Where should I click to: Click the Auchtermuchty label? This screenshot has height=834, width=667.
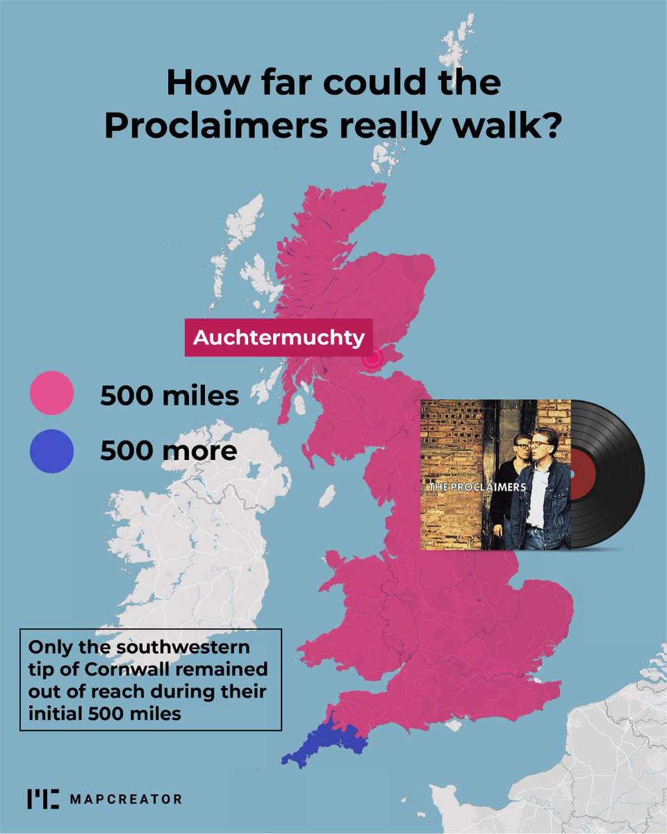click(278, 338)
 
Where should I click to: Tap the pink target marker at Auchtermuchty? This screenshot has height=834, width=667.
click(373, 358)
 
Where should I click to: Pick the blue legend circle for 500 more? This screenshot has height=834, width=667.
click(51, 451)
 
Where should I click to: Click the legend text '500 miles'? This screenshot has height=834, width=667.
click(170, 396)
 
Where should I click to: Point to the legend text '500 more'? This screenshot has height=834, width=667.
click(168, 451)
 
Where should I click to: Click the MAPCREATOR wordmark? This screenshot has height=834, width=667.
click(126, 799)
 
